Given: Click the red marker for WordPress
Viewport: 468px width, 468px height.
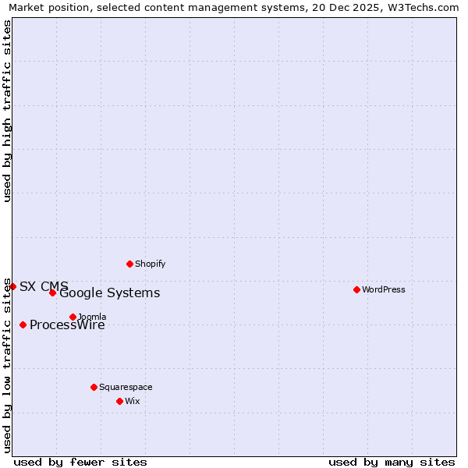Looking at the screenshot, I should (x=356, y=289).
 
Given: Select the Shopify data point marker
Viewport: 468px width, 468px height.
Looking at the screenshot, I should (x=129, y=264).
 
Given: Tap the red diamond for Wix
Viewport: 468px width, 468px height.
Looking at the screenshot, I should (x=119, y=401).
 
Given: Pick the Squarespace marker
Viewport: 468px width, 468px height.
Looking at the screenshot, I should (x=94, y=387).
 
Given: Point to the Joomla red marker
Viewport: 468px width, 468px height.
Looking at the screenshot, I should (x=73, y=317).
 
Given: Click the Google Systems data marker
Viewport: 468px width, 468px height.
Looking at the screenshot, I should (x=52, y=292).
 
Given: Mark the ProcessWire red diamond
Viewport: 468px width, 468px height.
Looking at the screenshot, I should (x=23, y=324).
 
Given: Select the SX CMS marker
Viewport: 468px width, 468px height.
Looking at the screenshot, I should (x=12, y=286).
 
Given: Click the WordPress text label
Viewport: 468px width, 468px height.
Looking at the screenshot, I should (x=384, y=289).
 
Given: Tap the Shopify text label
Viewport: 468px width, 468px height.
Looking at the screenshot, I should (x=151, y=264).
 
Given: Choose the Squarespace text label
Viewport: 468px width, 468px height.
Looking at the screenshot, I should (x=126, y=387).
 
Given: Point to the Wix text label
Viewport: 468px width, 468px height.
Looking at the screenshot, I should (x=132, y=401).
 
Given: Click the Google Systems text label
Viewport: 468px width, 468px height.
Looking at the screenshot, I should (x=110, y=293).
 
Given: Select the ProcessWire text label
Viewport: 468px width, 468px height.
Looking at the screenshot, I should (x=67, y=325).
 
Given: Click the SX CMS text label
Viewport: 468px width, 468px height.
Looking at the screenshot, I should (x=44, y=286).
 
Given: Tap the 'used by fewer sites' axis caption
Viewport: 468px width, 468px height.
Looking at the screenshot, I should (x=80, y=462).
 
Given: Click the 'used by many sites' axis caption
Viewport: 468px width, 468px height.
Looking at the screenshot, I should (x=392, y=462).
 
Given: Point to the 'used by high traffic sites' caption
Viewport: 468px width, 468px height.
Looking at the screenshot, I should (x=7, y=111).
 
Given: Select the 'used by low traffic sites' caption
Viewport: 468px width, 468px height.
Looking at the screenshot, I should (x=7, y=365).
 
